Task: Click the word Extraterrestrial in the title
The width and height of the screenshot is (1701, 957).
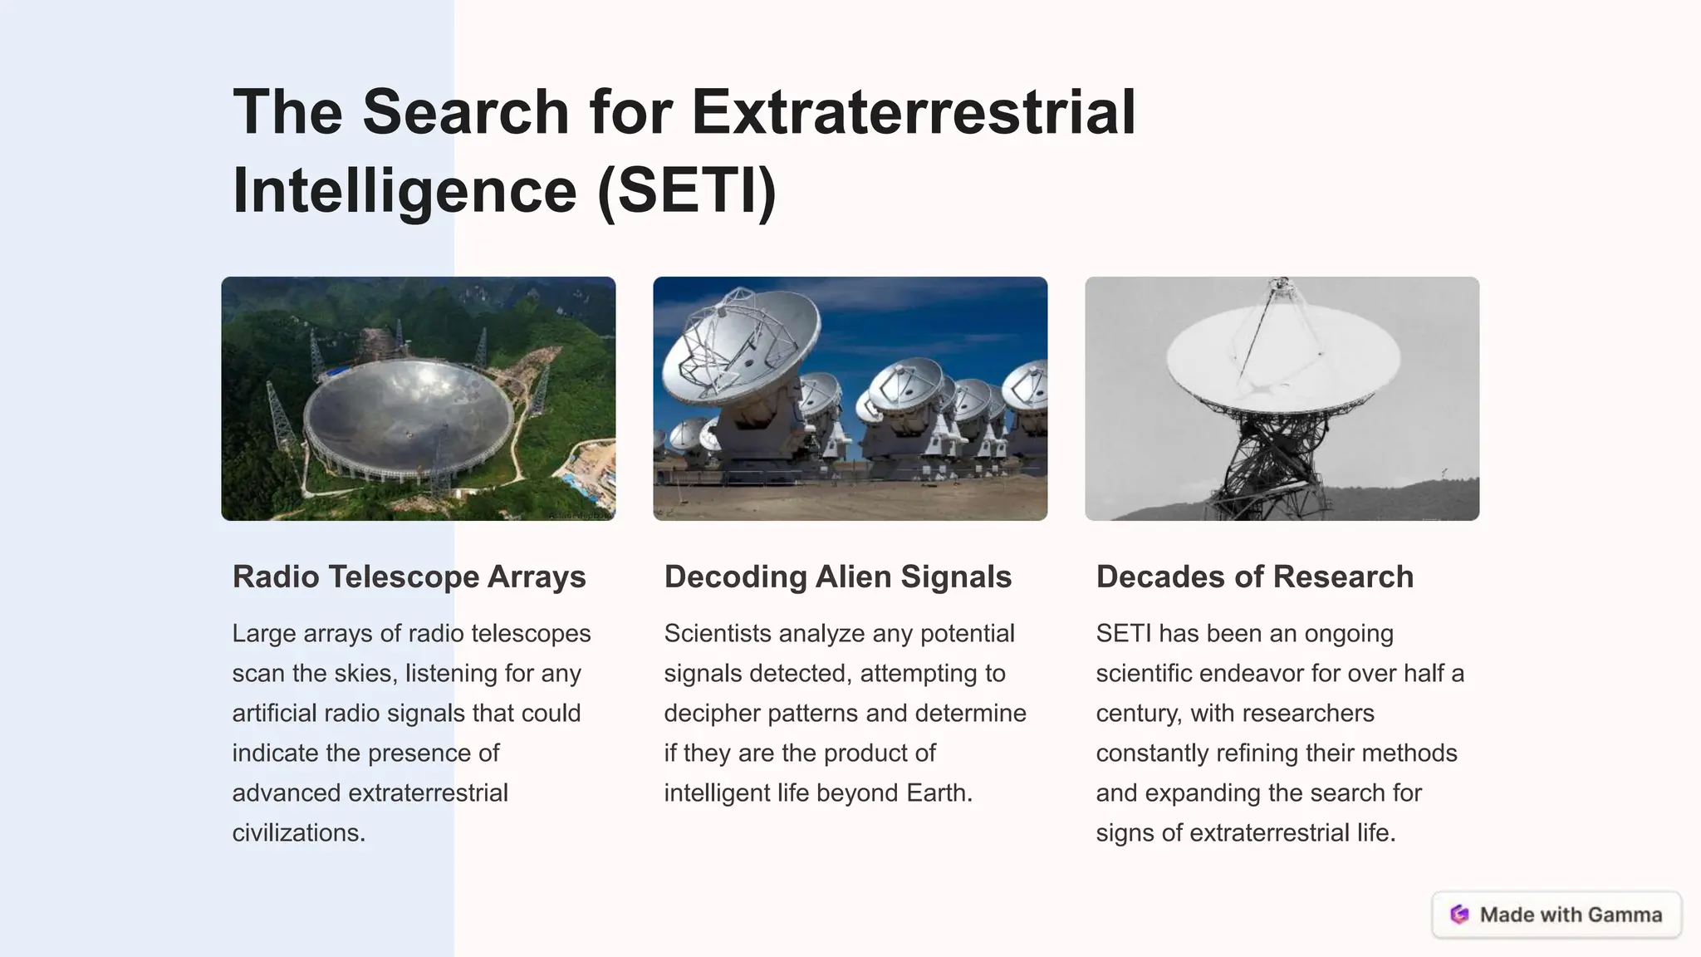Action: coord(913,112)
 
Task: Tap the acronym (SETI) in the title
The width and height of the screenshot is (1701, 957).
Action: coord(687,190)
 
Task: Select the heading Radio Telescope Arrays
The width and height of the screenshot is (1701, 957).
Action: coord(409,577)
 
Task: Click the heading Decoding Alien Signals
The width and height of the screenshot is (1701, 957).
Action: coord(837,577)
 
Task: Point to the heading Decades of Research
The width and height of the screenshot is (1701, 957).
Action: coord(1254,577)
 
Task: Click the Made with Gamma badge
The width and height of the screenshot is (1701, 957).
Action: coord(1556,915)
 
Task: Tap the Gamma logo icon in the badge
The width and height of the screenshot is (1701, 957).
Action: coord(1459,915)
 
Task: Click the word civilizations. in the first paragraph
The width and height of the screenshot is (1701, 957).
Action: coord(299,832)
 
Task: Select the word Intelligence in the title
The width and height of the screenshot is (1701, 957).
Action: coord(404,190)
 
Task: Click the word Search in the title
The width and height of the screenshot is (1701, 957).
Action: coord(465,112)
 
